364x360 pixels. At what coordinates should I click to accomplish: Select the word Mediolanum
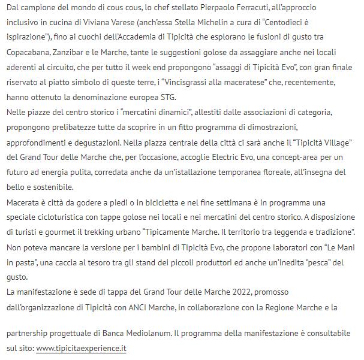[x=155, y=333]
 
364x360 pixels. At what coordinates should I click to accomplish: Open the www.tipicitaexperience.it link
[x=81, y=348]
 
